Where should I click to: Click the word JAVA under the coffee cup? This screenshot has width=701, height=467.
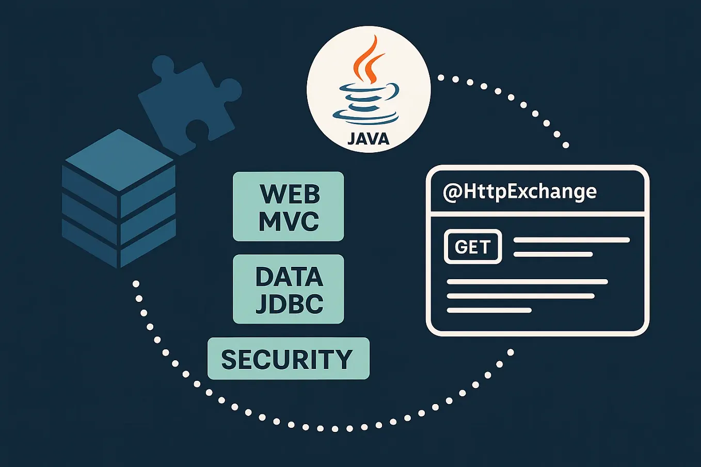(x=368, y=138)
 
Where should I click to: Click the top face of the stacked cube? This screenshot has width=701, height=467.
(x=119, y=159)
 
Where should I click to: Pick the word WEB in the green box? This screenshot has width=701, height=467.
(x=290, y=195)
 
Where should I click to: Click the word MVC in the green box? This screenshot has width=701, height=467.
(x=289, y=221)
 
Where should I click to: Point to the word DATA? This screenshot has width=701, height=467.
(x=289, y=277)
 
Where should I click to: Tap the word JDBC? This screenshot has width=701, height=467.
(x=290, y=303)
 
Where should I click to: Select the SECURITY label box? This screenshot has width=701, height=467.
(x=288, y=359)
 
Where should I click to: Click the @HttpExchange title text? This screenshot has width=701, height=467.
(x=520, y=191)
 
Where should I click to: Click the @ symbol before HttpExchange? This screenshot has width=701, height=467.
(x=452, y=192)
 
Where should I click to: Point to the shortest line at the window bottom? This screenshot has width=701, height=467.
(x=489, y=310)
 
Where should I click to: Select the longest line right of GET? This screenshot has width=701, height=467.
(x=571, y=240)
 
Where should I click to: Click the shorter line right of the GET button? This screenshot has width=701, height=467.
(x=553, y=254)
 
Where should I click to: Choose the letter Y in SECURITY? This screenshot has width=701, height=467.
(x=343, y=359)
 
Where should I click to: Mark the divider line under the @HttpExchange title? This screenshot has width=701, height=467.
(x=537, y=212)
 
